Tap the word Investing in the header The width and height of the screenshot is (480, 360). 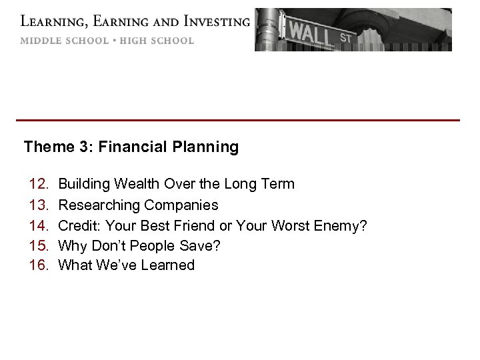(x=211, y=22)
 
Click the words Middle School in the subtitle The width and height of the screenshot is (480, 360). (x=63, y=41)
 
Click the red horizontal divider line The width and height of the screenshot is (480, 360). (x=238, y=120)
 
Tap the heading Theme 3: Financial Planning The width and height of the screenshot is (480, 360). (x=131, y=147)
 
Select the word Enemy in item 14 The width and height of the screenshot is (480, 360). (x=343, y=225)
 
